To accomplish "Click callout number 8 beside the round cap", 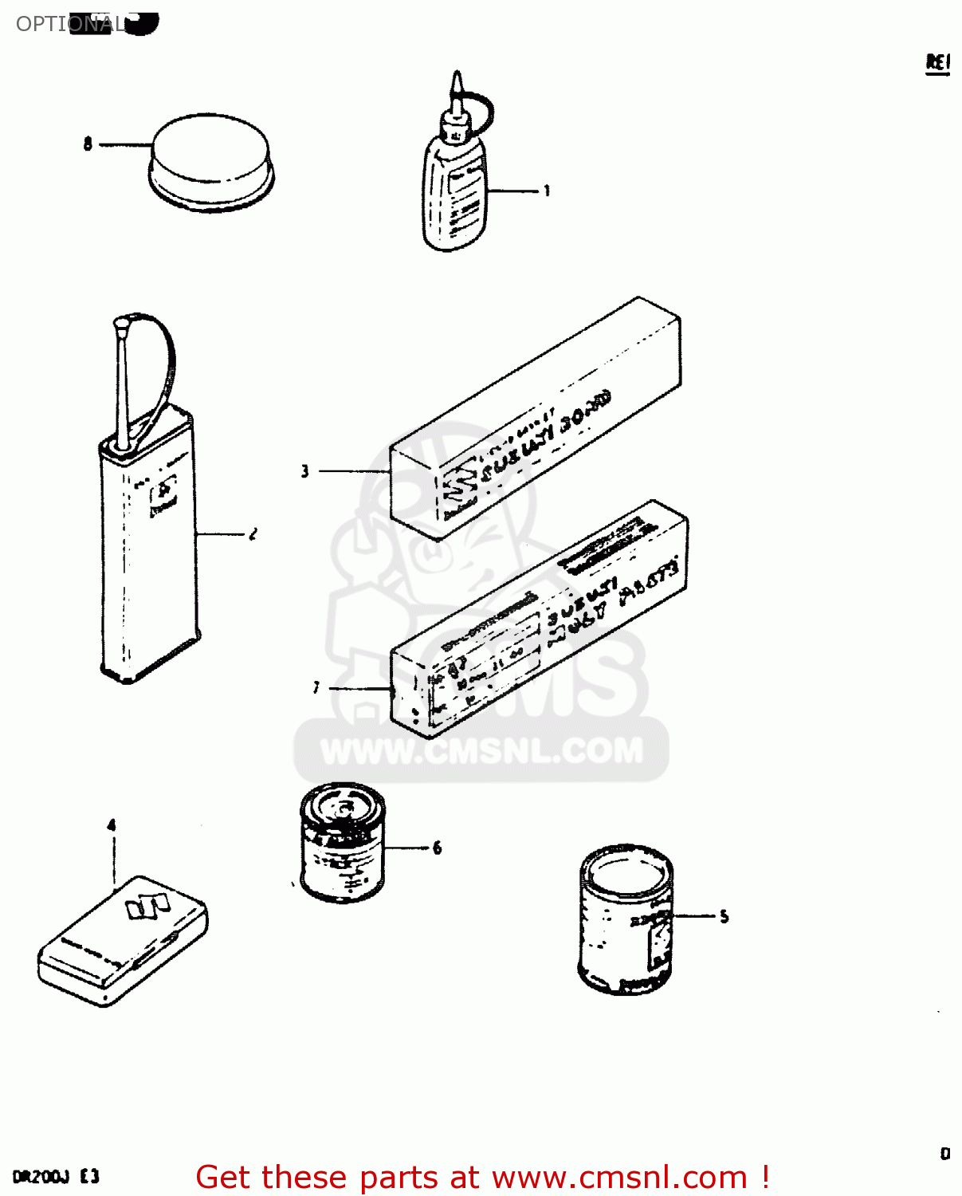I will tap(88, 144).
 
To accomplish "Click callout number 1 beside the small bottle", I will tap(547, 191).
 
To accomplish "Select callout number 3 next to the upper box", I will tap(304, 471).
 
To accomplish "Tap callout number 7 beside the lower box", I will tap(316, 687).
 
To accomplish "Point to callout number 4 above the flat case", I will tap(112, 825).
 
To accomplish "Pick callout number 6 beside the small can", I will tap(437, 848).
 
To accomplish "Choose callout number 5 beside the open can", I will tap(724, 916).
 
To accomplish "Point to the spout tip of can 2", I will tap(121, 325).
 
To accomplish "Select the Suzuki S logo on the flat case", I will tap(147, 906).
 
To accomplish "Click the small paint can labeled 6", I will tap(343, 842).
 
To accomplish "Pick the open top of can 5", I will tap(626, 870).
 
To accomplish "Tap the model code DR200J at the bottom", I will tap(41, 1177).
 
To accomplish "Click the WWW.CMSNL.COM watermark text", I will tap(481, 751).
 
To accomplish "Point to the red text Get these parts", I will tap(335, 1178).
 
